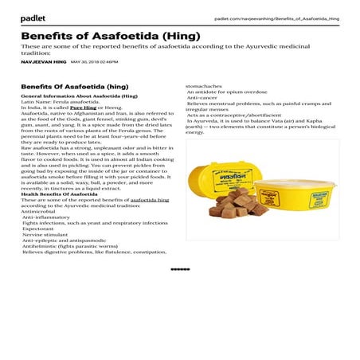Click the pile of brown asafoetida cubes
tap(236, 202)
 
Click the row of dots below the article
tap(180, 269)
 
